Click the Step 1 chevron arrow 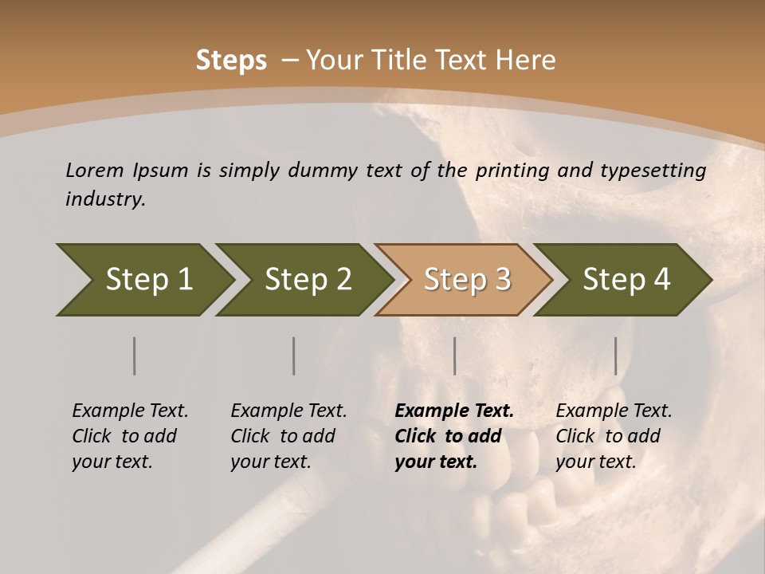click(143, 280)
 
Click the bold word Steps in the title click(231, 61)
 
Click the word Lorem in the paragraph click(94, 170)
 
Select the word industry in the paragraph click(104, 199)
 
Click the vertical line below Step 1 click(134, 356)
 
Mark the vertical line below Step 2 click(293, 356)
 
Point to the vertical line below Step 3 click(454, 356)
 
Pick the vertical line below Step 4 click(615, 356)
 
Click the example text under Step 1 click(130, 436)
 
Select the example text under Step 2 click(288, 436)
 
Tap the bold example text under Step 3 click(454, 436)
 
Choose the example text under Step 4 click(614, 436)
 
